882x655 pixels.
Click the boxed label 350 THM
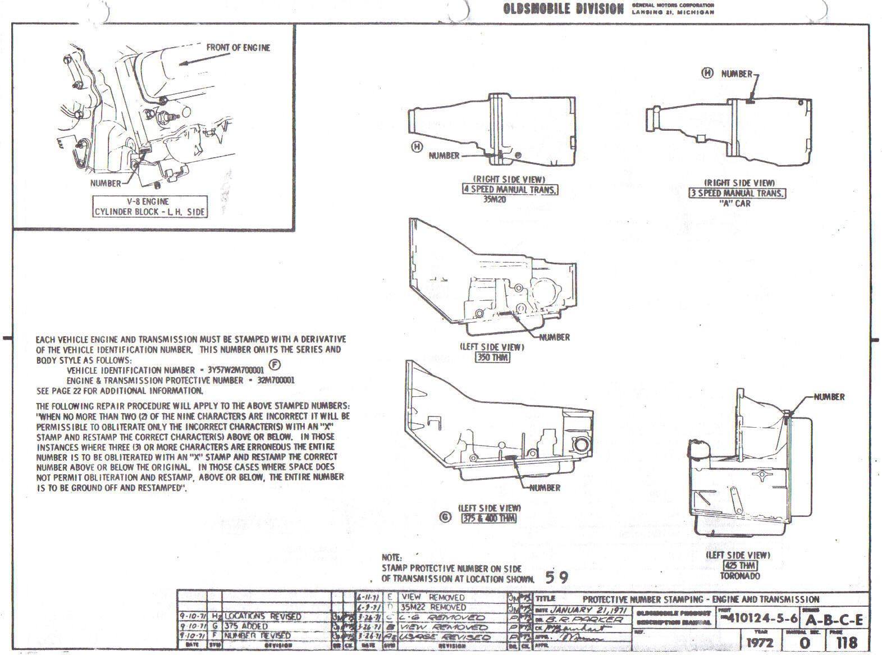(x=492, y=357)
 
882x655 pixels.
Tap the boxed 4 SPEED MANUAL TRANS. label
(x=510, y=190)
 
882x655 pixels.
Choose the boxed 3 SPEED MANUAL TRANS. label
(x=738, y=193)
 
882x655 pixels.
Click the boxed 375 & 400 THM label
(x=488, y=518)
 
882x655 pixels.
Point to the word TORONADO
(x=739, y=576)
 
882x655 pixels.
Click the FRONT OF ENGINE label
(x=238, y=48)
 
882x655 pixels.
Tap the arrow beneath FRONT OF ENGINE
(x=194, y=63)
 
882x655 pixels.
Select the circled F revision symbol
(x=275, y=365)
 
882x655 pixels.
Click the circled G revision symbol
(x=445, y=517)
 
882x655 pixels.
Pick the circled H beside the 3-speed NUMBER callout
(x=708, y=73)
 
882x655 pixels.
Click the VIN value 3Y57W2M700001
(x=236, y=370)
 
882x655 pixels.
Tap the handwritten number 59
(x=556, y=577)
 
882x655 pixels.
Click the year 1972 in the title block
(x=761, y=642)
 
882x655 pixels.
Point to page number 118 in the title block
(x=847, y=641)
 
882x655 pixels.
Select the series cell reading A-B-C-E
(x=834, y=621)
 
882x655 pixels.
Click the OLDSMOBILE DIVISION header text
(x=564, y=9)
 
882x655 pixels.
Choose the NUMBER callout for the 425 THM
(x=829, y=397)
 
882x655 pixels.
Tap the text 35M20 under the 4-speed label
(x=495, y=199)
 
